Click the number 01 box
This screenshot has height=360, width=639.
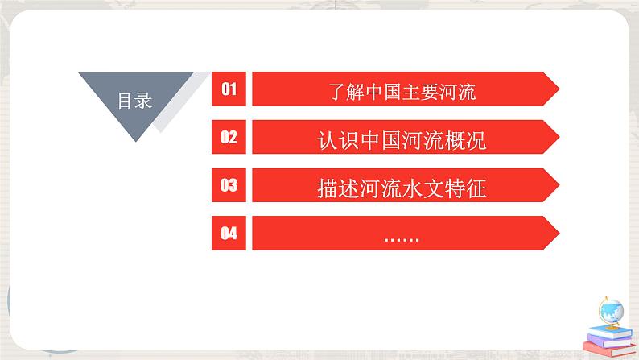tap(229, 89)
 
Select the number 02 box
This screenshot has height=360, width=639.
tap(229, 137)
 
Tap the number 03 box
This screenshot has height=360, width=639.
tap(229, 185)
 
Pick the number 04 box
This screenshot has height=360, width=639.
tap(229, 234)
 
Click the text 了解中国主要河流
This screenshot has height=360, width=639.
tap(402, 90)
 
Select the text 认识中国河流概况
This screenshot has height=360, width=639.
tap(402, 140)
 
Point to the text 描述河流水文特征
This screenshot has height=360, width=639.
tap(402, 188)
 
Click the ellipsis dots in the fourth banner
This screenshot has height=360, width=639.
tap(402, 237)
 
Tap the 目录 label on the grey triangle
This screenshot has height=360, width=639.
tap(135, 101)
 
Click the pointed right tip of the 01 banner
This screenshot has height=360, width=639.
tap(556, 89)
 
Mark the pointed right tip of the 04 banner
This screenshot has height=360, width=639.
tap(556, 234)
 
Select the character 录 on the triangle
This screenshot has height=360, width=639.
tap(144, 101)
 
